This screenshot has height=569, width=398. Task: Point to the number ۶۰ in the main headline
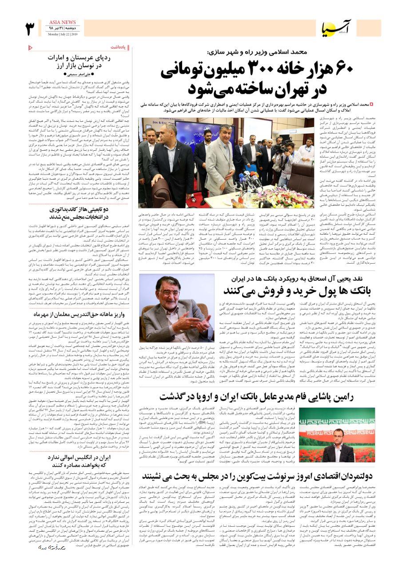(340, 70)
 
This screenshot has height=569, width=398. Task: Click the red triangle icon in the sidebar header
(30, 47)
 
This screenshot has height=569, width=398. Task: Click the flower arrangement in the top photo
(284, 198)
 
